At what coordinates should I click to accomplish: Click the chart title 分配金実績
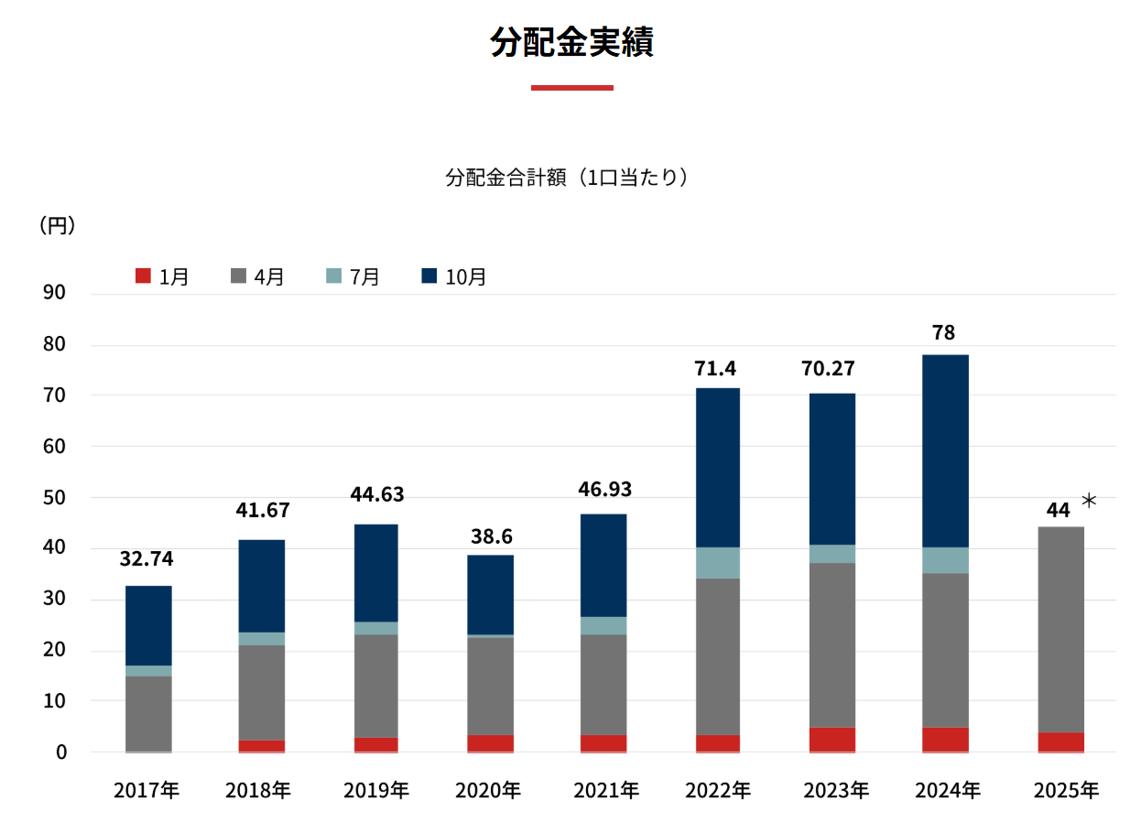570,43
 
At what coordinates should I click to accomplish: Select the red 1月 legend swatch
143,276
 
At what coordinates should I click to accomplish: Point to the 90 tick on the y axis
55,293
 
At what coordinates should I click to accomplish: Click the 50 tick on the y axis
55,498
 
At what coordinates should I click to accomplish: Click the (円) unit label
57,226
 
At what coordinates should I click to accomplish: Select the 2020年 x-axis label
490,790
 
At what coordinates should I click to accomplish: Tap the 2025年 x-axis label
1065,790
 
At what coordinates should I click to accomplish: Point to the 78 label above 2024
943,333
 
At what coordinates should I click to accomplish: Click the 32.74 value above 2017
147,559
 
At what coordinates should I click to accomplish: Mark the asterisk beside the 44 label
1089,501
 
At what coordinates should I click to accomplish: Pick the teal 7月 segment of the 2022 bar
717,562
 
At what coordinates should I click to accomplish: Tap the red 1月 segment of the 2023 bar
831,739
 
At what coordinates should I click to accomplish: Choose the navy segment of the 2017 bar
148,625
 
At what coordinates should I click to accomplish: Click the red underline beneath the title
571,88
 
